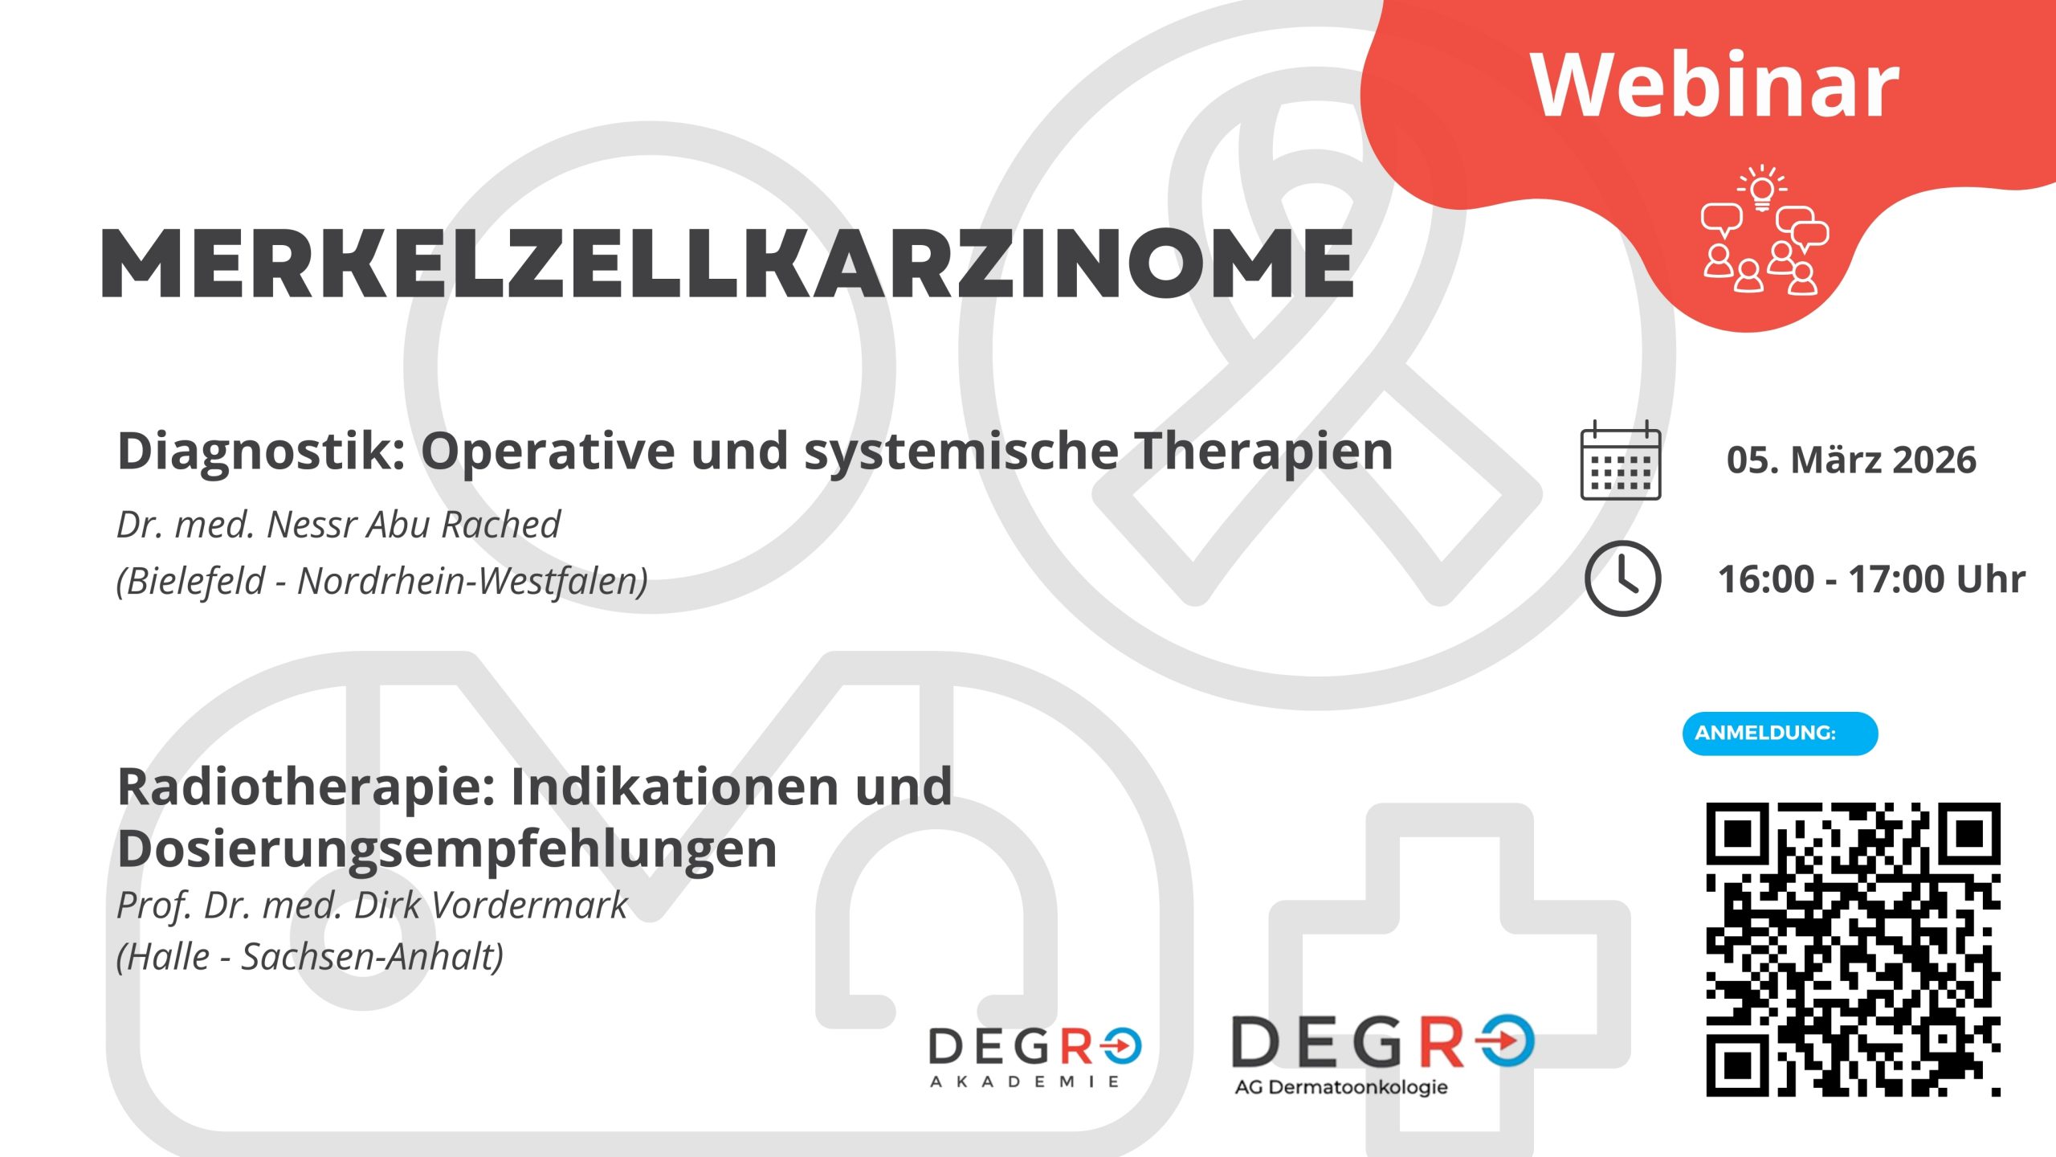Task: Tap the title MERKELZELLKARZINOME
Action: (728, 264)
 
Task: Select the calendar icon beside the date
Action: (1621, 460)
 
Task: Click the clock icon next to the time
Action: (1622, 578)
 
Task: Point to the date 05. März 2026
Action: (1851, 460)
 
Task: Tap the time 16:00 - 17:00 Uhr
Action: (1871, 579)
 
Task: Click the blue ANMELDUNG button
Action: (1780, 734)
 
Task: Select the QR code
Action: (1853, 949)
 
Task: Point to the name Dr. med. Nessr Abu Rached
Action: (338, 525)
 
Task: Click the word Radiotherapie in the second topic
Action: (306, 787)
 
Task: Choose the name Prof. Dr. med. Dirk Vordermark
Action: (372, 906)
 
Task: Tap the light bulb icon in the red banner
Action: (1762, 188)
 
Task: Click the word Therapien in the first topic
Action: (1264, 452)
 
